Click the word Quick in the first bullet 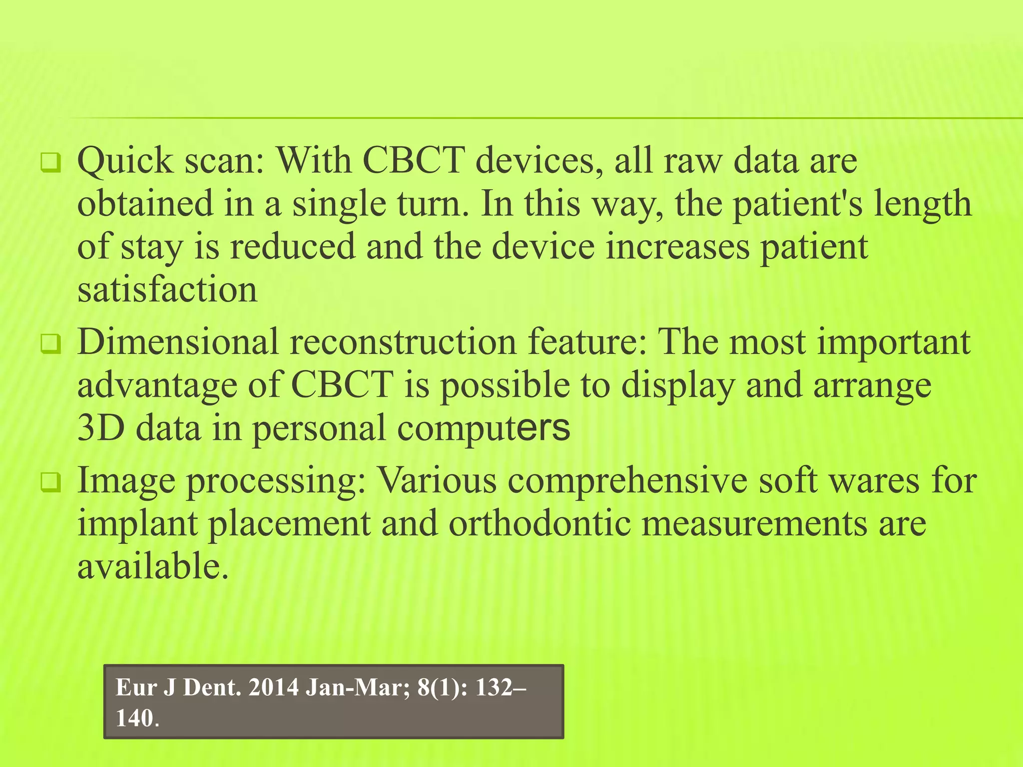click(x=125, y=162)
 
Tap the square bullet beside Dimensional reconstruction click(x=50, y=344)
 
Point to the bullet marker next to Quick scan click(x=50, y=163)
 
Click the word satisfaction click(x=167, y=290)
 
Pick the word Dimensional click(x=178, y=343)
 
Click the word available click(x=152, y=567)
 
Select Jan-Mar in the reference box click(x=354, y=688)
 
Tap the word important click(x=894, y=343)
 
